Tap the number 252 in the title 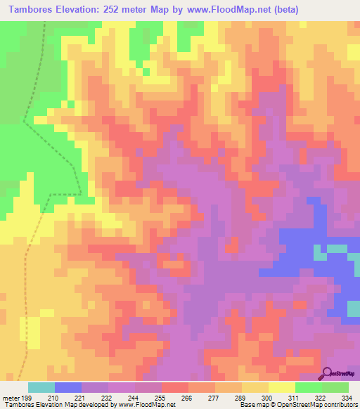coord(114,10)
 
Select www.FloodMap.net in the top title coord(224,10)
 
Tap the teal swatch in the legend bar coord(41,387)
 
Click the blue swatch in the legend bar coord(68,387)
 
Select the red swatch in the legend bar coord(175,387)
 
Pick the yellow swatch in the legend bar coord(282,387)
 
